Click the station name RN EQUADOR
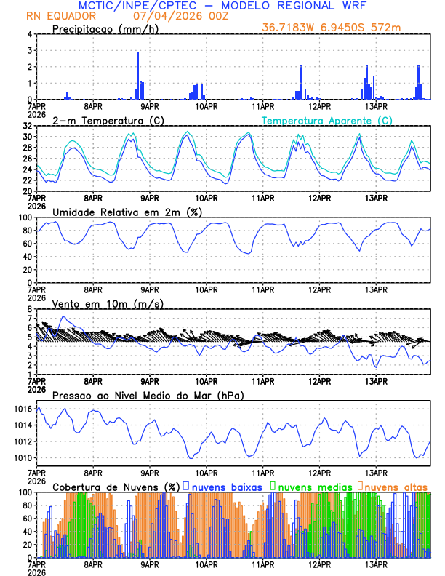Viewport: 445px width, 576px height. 60,16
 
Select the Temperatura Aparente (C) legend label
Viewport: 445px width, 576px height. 327,120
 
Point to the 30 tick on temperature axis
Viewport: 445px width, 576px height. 27,137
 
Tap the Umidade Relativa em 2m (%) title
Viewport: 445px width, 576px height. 127,212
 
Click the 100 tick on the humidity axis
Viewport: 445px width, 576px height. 24,217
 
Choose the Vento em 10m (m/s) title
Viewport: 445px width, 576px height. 108,303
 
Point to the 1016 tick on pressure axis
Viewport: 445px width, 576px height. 23,409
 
